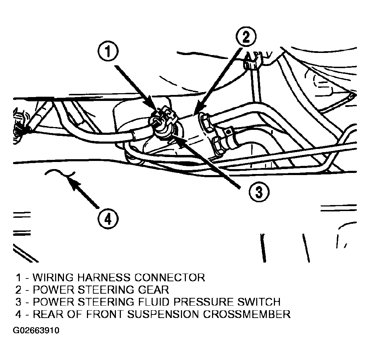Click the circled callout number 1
point(108,52)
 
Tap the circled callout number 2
point(246,37)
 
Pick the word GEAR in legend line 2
point(154,289)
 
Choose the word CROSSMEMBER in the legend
point(247,314)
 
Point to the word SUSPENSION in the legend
point(163,314)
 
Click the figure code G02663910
point(36,330)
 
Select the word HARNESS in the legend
point(104,277)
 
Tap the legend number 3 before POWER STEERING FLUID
point(18,302)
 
